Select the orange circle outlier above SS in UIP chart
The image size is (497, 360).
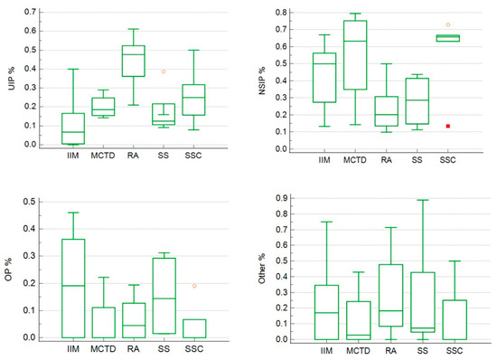pos(164,71)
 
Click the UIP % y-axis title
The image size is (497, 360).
pos(14,78)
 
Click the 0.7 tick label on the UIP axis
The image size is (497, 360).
pos(32,12)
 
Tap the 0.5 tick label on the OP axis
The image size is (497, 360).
pos(32,202)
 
